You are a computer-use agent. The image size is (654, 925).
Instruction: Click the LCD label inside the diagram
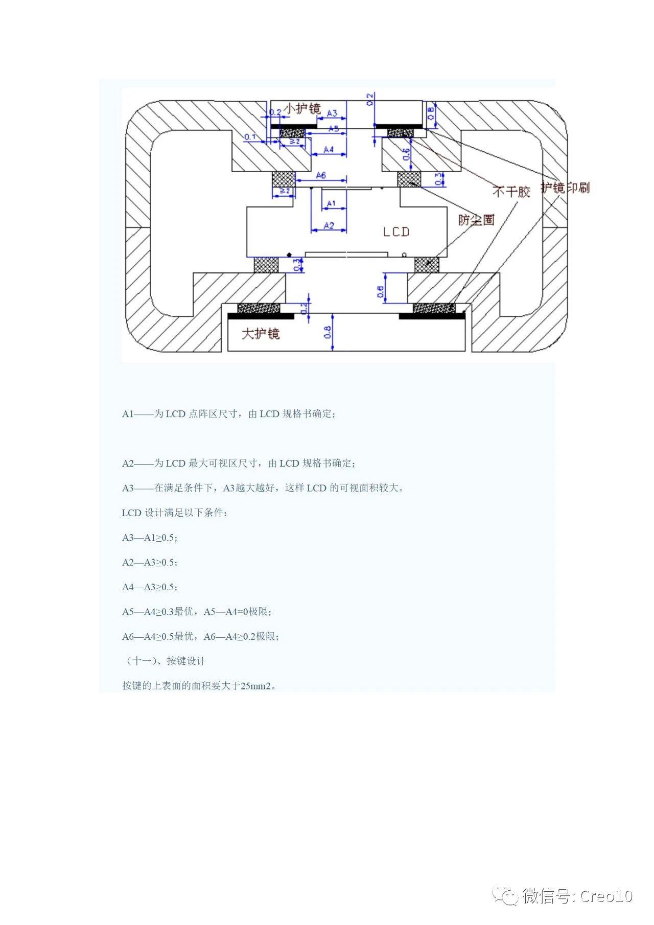396,232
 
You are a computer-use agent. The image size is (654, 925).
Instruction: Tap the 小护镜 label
302,109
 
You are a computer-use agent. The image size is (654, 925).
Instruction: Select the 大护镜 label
261,334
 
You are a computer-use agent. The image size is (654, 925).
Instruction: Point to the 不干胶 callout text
511,192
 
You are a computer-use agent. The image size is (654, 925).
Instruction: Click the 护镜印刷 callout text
565,188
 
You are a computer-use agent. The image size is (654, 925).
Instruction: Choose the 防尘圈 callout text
476,220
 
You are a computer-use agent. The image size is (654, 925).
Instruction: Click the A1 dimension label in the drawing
331,203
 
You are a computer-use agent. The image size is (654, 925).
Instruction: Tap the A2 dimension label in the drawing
329,225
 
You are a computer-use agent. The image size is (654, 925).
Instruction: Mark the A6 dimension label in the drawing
321,175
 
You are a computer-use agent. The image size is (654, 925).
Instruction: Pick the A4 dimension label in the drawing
329,149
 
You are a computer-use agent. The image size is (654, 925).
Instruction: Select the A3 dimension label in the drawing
332,113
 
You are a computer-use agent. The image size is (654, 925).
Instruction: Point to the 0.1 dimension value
250,137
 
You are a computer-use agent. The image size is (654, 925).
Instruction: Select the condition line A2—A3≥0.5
150,562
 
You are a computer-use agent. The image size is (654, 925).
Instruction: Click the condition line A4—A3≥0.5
150,587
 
